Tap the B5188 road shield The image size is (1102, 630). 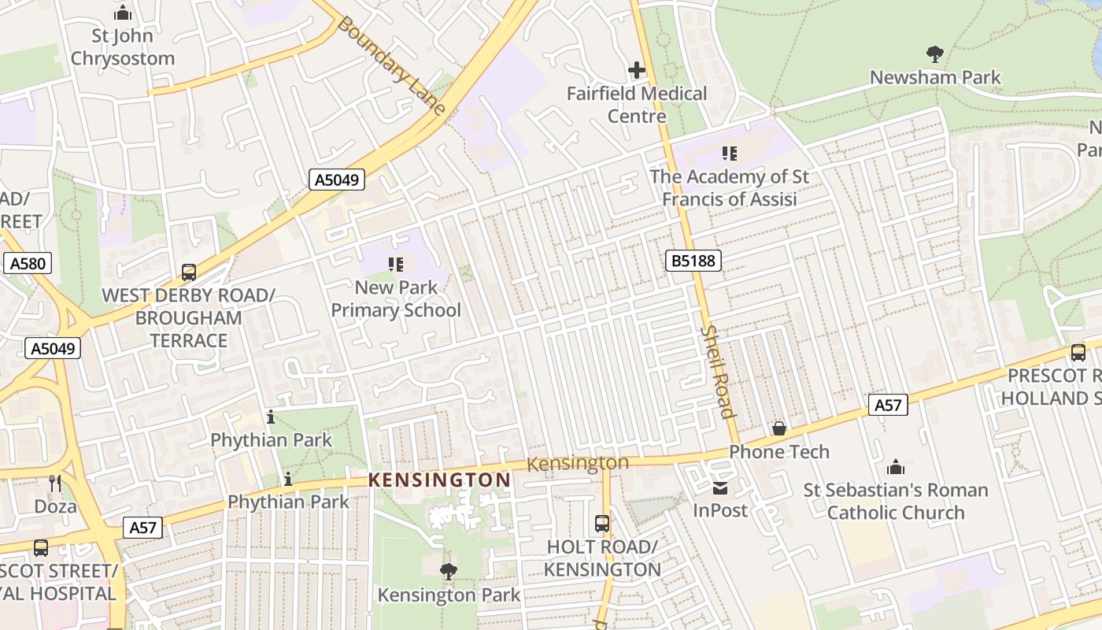[693, 260]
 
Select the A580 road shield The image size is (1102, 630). [28, 263]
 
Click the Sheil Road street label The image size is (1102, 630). [717, 372]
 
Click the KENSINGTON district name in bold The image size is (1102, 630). [439, 480]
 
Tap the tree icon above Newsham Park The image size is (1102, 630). [935, 54]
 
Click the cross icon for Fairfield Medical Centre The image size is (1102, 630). [637, 71]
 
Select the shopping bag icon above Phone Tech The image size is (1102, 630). [779, 428]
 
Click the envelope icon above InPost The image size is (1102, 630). [720, 488]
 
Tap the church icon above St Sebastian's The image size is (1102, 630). [896, 467]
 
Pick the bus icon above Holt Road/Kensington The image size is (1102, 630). [602, 523]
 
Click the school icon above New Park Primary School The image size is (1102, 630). [396, 265]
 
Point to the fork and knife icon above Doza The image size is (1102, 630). [55, 484]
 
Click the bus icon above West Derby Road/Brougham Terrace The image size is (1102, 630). [189, 272]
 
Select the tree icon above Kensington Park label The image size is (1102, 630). [449, 571]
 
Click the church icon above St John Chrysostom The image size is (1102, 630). [122, 13]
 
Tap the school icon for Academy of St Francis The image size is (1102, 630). [730, 154]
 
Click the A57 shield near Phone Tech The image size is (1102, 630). [888, 405]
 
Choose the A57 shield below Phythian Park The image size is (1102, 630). [142, 528]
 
